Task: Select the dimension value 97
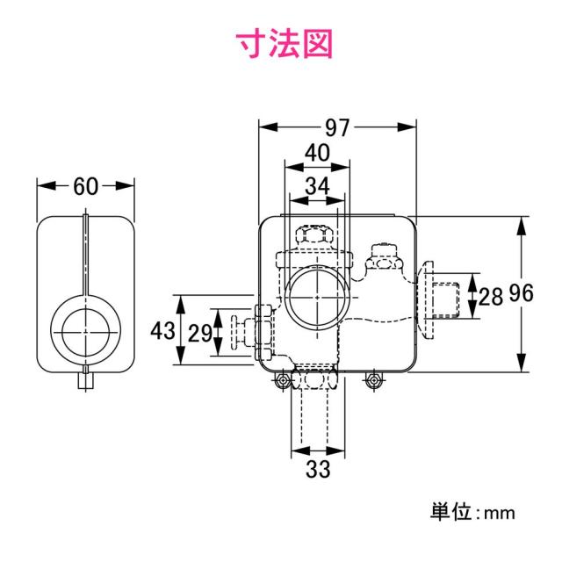click(335, 127)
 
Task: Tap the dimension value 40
click(317, 154)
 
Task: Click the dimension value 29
click(199, 333)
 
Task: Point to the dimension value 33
click(317, 469)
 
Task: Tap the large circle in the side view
click(85, 330)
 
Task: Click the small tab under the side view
click(85, 383)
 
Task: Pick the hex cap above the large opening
click(315, 237)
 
